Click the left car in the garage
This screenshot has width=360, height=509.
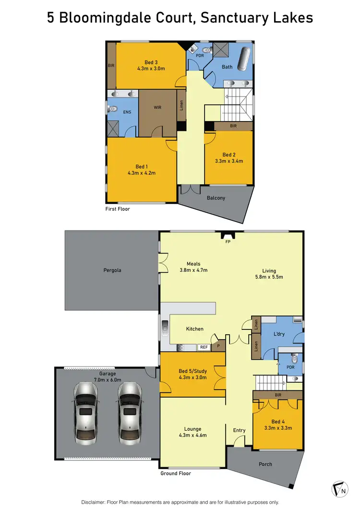click(x=86, y=412)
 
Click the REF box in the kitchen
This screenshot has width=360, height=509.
click(x=204, y=347)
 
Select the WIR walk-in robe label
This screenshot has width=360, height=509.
click(x=157, y=108)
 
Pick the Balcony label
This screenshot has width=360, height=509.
click(x=216, y=198)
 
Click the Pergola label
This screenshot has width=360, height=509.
click(x=112, y=270)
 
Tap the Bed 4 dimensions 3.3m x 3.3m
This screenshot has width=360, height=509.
click(x=278, y=428)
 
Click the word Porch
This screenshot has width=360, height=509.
click(x=265, y=464)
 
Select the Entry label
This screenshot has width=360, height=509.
click(x=239, y=430)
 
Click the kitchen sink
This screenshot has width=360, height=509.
click(x=165, y=328)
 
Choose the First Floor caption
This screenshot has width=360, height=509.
click(x=118, y=209)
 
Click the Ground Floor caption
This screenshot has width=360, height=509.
click(x=175, y=473)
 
